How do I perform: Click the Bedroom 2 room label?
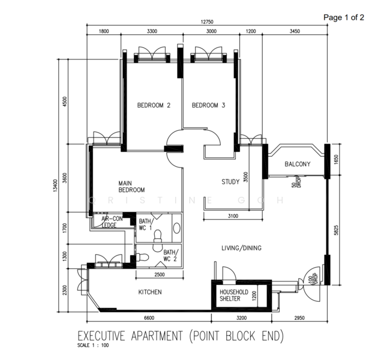point(154,106)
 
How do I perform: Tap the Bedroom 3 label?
point(208,106)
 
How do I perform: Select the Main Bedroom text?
point(131,187)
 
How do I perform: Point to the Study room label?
point(230,182)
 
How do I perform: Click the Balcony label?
point(298,164)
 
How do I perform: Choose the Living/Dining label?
point(241,248)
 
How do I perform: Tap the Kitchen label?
point(150,292)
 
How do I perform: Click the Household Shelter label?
point(233,295)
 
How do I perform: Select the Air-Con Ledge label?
point(112,222)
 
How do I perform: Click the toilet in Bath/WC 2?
point(143,257)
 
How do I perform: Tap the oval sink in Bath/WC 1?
point(176,228)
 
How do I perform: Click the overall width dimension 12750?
point(207,22)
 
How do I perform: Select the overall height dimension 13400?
point(55,185)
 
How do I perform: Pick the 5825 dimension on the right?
point(336,230)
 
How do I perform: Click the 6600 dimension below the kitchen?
point(149,318)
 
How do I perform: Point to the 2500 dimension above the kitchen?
point(160,275)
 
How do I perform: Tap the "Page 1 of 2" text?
point(344,17)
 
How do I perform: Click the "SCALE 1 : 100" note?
point(93,346)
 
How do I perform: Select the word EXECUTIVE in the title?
point(101,336)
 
